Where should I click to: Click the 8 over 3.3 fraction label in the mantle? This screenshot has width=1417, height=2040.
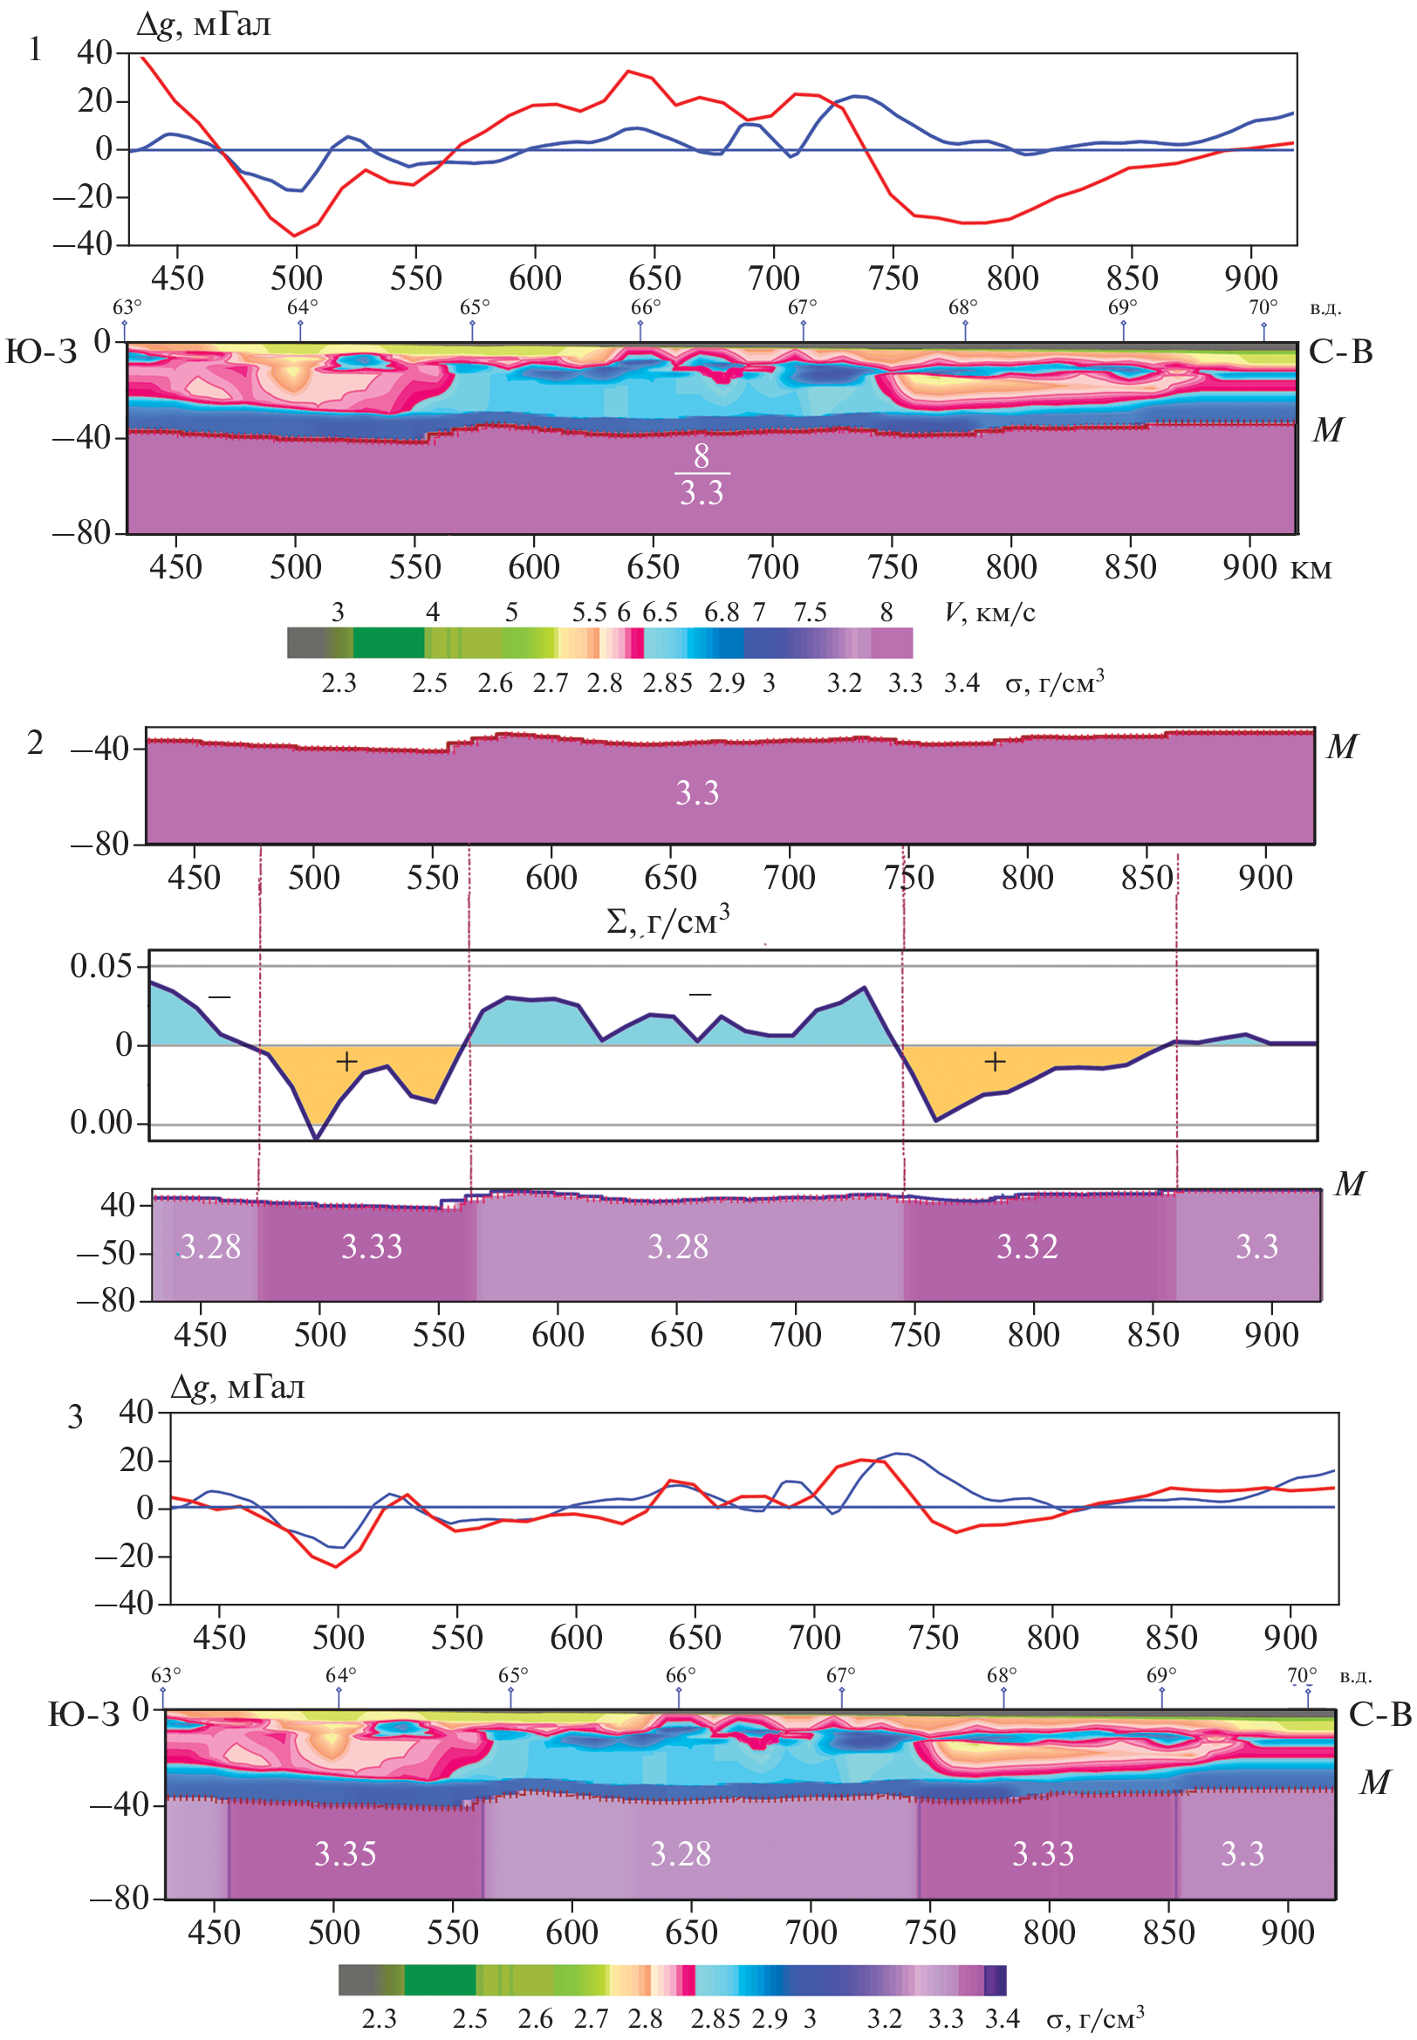click(x=702, y=474)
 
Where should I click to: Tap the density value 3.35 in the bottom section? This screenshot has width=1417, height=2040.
click(x=346, y=1854)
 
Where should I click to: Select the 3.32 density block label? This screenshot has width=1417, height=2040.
click(x=1027, y=1247)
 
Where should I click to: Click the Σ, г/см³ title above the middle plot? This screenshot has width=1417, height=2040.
click(x=667, y=921)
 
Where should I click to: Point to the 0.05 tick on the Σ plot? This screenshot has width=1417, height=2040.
click(x=100, y=966)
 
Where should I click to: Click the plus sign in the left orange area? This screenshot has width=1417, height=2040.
click(x=346, y=1062)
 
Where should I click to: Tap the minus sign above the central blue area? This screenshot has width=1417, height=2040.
click(x=700, y=994)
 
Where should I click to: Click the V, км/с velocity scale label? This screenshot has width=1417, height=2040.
click(x=990, y=613)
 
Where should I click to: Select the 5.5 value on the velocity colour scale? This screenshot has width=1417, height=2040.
click(x=589, y=613)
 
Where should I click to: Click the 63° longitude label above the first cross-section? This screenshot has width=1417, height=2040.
click(x=127, y=308)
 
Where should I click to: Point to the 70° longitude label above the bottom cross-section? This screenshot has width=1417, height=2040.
click(x=1302, y=1675)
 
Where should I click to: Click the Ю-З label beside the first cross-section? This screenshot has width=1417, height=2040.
click(x=42, y=353)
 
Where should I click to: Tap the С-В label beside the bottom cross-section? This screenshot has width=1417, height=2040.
click(x=1379, y=1715)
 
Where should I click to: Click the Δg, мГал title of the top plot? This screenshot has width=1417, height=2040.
click(x=203, y=24)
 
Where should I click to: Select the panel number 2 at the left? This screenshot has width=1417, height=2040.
click(x=35, y=743)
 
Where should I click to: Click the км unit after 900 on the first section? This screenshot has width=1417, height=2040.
click(x=1311, y=568)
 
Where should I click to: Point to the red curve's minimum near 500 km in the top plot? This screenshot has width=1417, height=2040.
click(x=295, y=236)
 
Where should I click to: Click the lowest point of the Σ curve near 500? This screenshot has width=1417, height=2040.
click(x=316, y=1138)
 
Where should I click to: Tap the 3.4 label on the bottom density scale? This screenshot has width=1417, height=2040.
click(x=1002, y=2019)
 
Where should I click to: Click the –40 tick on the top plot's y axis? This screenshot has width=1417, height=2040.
click(x=83, y=244)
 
